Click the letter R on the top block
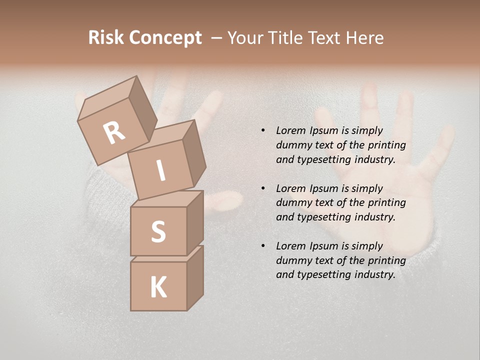click(114, 132)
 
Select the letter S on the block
click(158, 231)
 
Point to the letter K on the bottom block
click(158, 287)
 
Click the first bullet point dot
click(262, 131)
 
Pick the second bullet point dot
click(262, 188)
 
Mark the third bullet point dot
click(262, 246)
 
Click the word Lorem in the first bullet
click(290, 130)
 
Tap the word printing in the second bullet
click(386, 203)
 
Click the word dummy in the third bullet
click(292, 260)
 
